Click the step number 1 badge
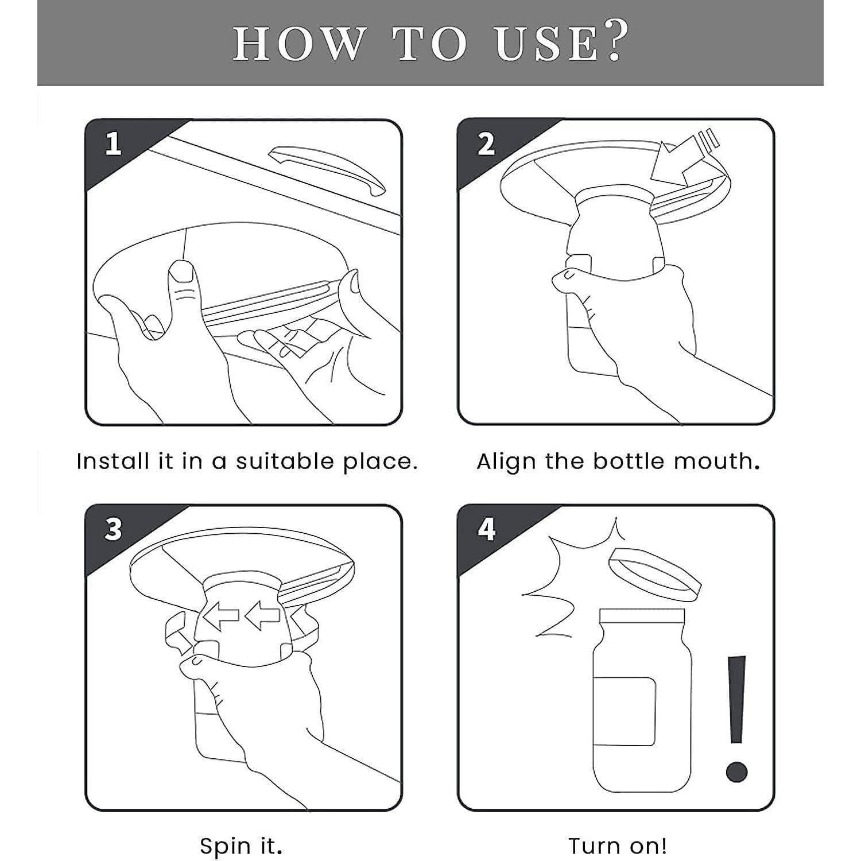click(114, 143)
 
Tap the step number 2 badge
click(486, 143)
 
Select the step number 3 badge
click(114, 529)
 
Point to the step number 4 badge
click(486, 529)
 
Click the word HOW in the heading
click(298, 44)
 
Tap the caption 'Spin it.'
click(241, 846)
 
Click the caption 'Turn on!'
click(618, 846)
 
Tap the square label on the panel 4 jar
click(625, 711)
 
